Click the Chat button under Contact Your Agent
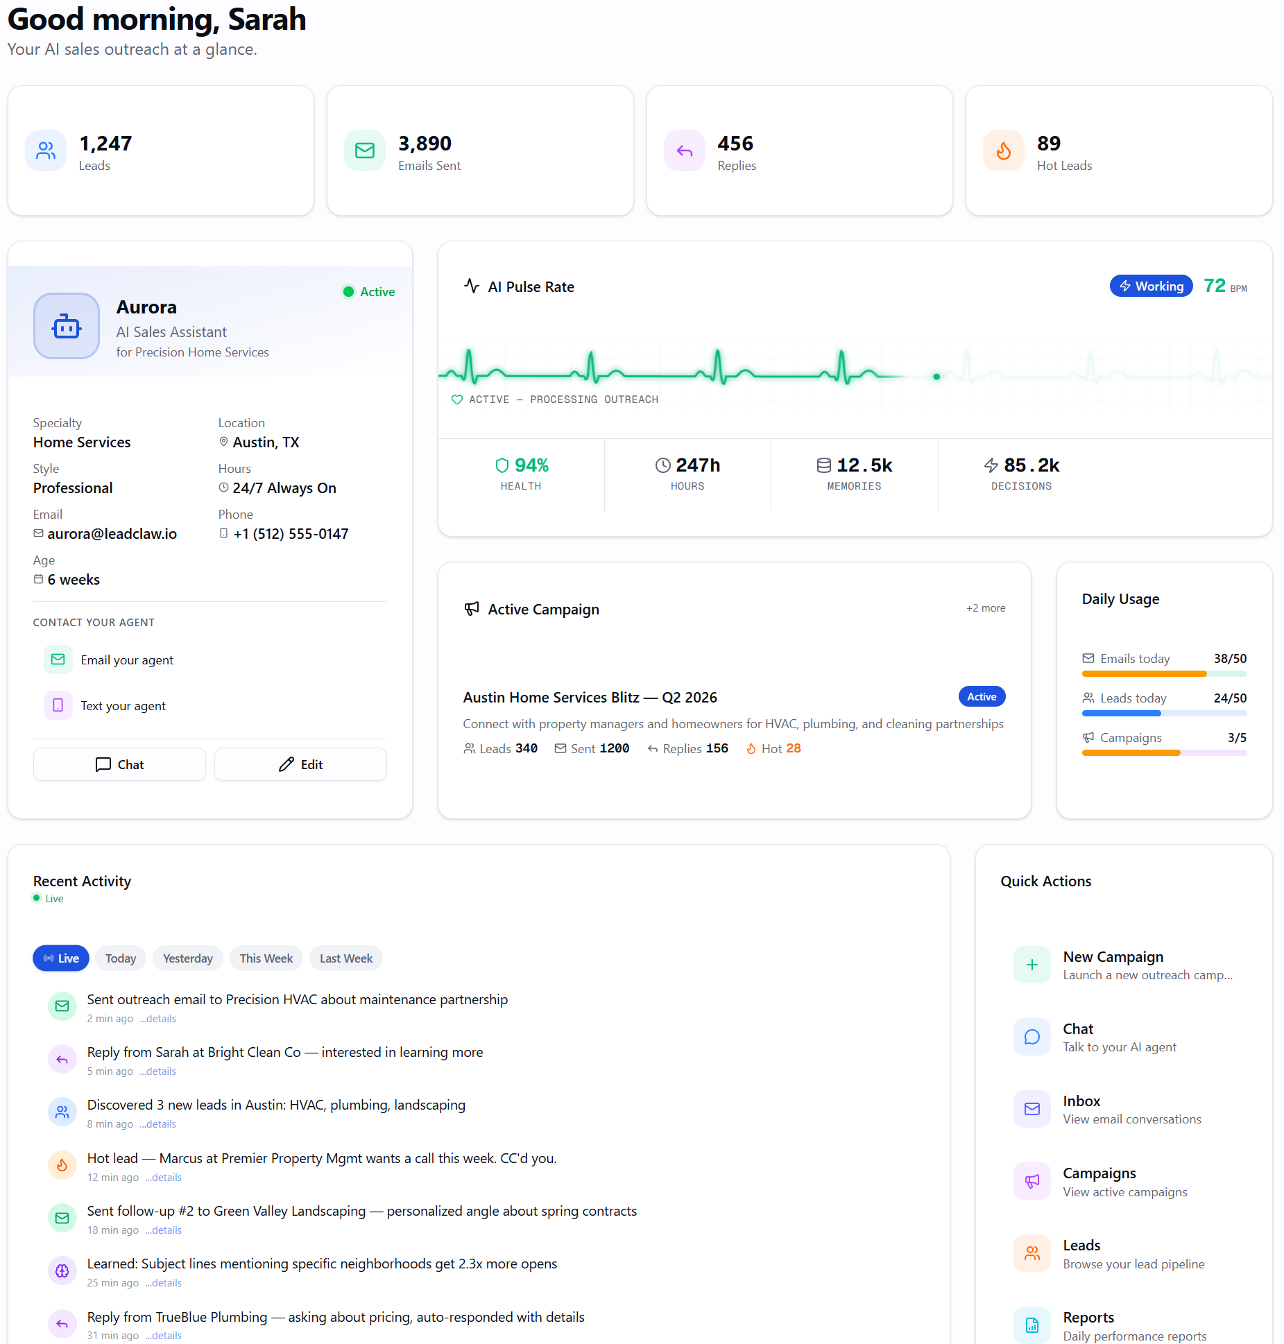pos(119,764)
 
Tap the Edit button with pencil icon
pos(300,764)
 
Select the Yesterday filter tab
pos(188,958)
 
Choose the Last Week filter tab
pos(346,958)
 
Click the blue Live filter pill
pos(61,958)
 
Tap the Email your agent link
pos(127,660)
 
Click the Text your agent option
pos(123,706)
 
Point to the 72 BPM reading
pos(1225,286)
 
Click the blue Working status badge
pos(1152,286)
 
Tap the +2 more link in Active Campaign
pos(986,608)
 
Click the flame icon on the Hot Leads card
pos(1004,150)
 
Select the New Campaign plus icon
pos(1032,965)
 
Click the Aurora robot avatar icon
pos(67,326)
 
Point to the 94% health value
pos(531,465)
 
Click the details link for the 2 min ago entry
pos(158,1019)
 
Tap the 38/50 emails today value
pos(1230,659)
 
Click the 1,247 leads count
pos(105,144)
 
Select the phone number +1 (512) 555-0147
pos(291,534)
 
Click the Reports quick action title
pos(1088,1318)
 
